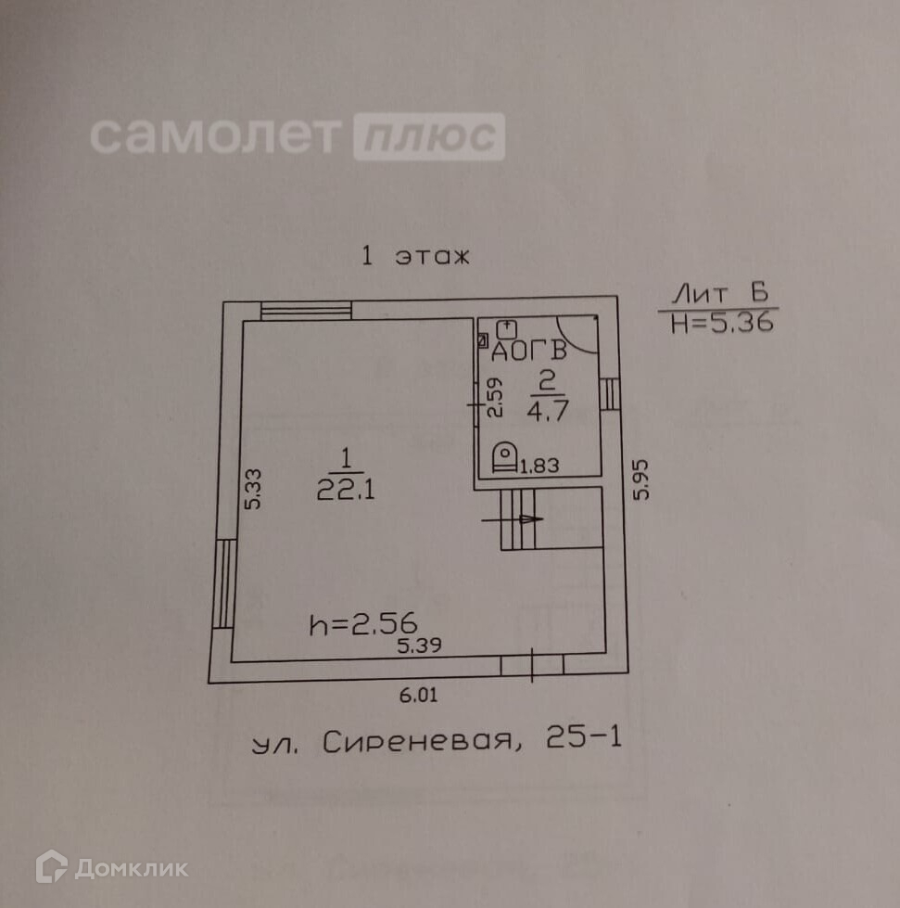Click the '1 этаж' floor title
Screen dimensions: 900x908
coord(415,257)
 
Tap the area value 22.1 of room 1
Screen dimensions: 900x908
coord(345,491)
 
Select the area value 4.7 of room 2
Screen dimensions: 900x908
coord(546,411)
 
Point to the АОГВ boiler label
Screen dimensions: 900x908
coord(529,352)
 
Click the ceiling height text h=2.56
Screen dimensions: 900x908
coord(363,625)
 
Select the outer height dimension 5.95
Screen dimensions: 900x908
coord(640,480)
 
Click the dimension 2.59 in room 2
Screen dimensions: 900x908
coord(494,396)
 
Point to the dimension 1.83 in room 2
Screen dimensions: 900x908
coord(539,466)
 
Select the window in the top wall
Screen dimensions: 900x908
coord(305,311)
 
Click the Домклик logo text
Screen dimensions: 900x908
coord(131,868)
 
